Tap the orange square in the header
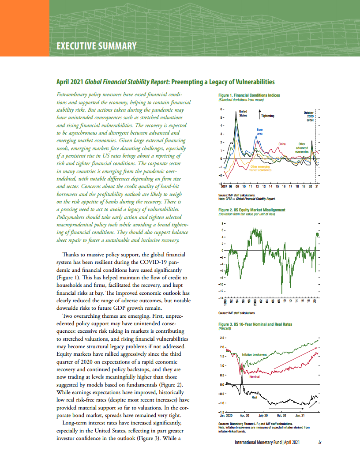pos(24,28)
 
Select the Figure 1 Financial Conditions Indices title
pos(249,95)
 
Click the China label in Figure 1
pos(282,144)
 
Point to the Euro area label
pos(260,131)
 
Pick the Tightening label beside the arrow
pos(267,116)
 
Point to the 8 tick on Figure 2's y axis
pos(222,224)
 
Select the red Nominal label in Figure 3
pos(255,376)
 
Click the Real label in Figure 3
pos(254,398)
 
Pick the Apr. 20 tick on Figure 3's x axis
pos(245,416)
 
